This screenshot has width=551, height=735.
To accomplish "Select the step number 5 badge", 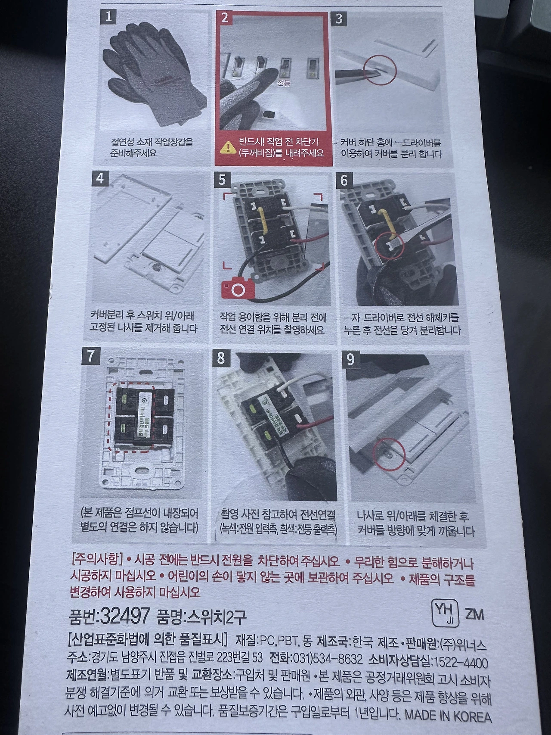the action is (x=222, y=179).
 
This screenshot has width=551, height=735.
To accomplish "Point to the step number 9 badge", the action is (x=350, y=359).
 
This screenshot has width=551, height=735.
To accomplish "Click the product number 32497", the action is (x=124, y=616).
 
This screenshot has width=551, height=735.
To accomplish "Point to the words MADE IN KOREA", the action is (x=448, y=716).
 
